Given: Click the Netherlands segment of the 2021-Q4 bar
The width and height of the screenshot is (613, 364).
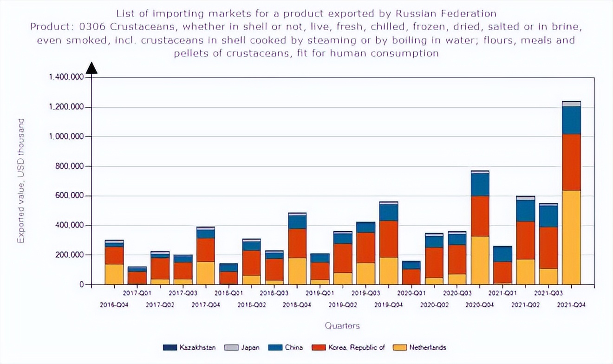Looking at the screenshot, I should click(571, 237).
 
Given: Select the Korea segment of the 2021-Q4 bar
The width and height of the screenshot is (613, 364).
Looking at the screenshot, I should click(571, 162).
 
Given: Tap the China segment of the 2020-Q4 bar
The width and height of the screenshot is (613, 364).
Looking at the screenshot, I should click(480, 184).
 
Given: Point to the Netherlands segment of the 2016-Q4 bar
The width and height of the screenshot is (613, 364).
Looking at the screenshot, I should click(114, 274).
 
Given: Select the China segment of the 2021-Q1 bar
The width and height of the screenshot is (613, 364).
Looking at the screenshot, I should click(502, 253).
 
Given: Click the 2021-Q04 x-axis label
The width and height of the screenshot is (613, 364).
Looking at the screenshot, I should click(571, 305).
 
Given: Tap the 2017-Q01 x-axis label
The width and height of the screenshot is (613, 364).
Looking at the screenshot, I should click(137, 293).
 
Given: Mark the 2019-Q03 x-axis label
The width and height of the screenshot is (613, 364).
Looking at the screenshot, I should click(365, 293).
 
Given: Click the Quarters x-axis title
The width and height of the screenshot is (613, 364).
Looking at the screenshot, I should click(342, 325).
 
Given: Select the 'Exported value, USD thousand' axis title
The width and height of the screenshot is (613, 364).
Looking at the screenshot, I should click(21, 181).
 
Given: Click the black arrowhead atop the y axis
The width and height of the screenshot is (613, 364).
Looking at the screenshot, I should click(91, 68).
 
